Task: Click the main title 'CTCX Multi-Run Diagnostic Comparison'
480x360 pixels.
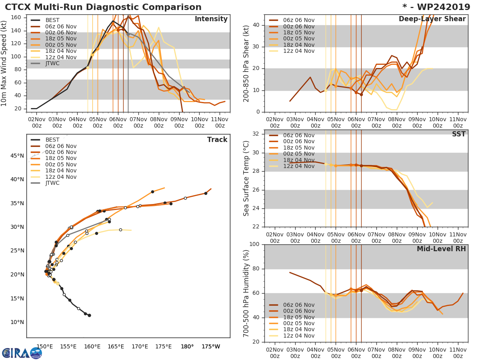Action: (x=103, y=7)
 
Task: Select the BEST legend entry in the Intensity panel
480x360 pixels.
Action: (x=52, y=20)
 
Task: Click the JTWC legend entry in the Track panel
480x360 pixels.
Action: (x=52, y=183)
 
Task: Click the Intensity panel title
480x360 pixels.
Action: (x=211, y=19)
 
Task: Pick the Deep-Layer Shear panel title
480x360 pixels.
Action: (x=432, y=19)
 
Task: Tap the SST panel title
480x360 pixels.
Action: (x=459, y=134)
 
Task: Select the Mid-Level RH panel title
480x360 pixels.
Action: (x=441, y=249)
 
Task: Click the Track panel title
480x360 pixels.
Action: (x=217, y=140)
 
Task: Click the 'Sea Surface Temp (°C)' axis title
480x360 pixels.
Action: (x=246, y=178)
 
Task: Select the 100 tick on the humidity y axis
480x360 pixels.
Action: (x=254, y=244)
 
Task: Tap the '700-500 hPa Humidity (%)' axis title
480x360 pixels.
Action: (x=246, y=293)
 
